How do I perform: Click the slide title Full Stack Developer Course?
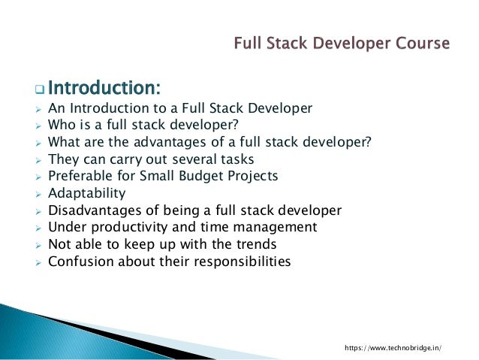[342, 43]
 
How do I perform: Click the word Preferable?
[80, 175]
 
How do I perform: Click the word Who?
[61, 123]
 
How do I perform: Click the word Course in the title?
[423, 43]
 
